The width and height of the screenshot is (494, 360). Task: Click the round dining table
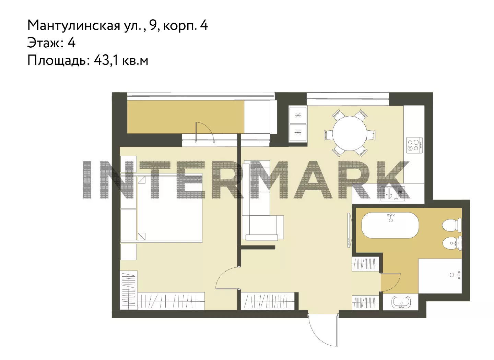pos(350,133)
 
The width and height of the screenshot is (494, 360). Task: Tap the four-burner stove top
pos(415,145)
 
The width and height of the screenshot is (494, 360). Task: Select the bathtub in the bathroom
pos(390,225)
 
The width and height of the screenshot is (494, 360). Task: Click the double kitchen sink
pos(393,194)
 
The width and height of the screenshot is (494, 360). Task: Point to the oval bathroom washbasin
pos(401,302)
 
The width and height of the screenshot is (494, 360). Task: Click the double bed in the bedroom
pos(162,208)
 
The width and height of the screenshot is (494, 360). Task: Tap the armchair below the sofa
pos(262,228)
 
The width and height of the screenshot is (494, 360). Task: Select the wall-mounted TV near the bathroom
pos(349,230)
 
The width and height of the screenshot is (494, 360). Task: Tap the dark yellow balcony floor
pos(186,117)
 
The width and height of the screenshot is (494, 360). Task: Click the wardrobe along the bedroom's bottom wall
pos(171,301)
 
